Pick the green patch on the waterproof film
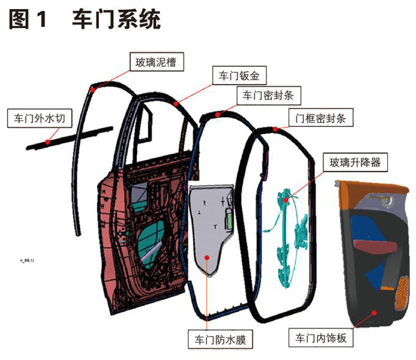[x=229, y=217]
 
